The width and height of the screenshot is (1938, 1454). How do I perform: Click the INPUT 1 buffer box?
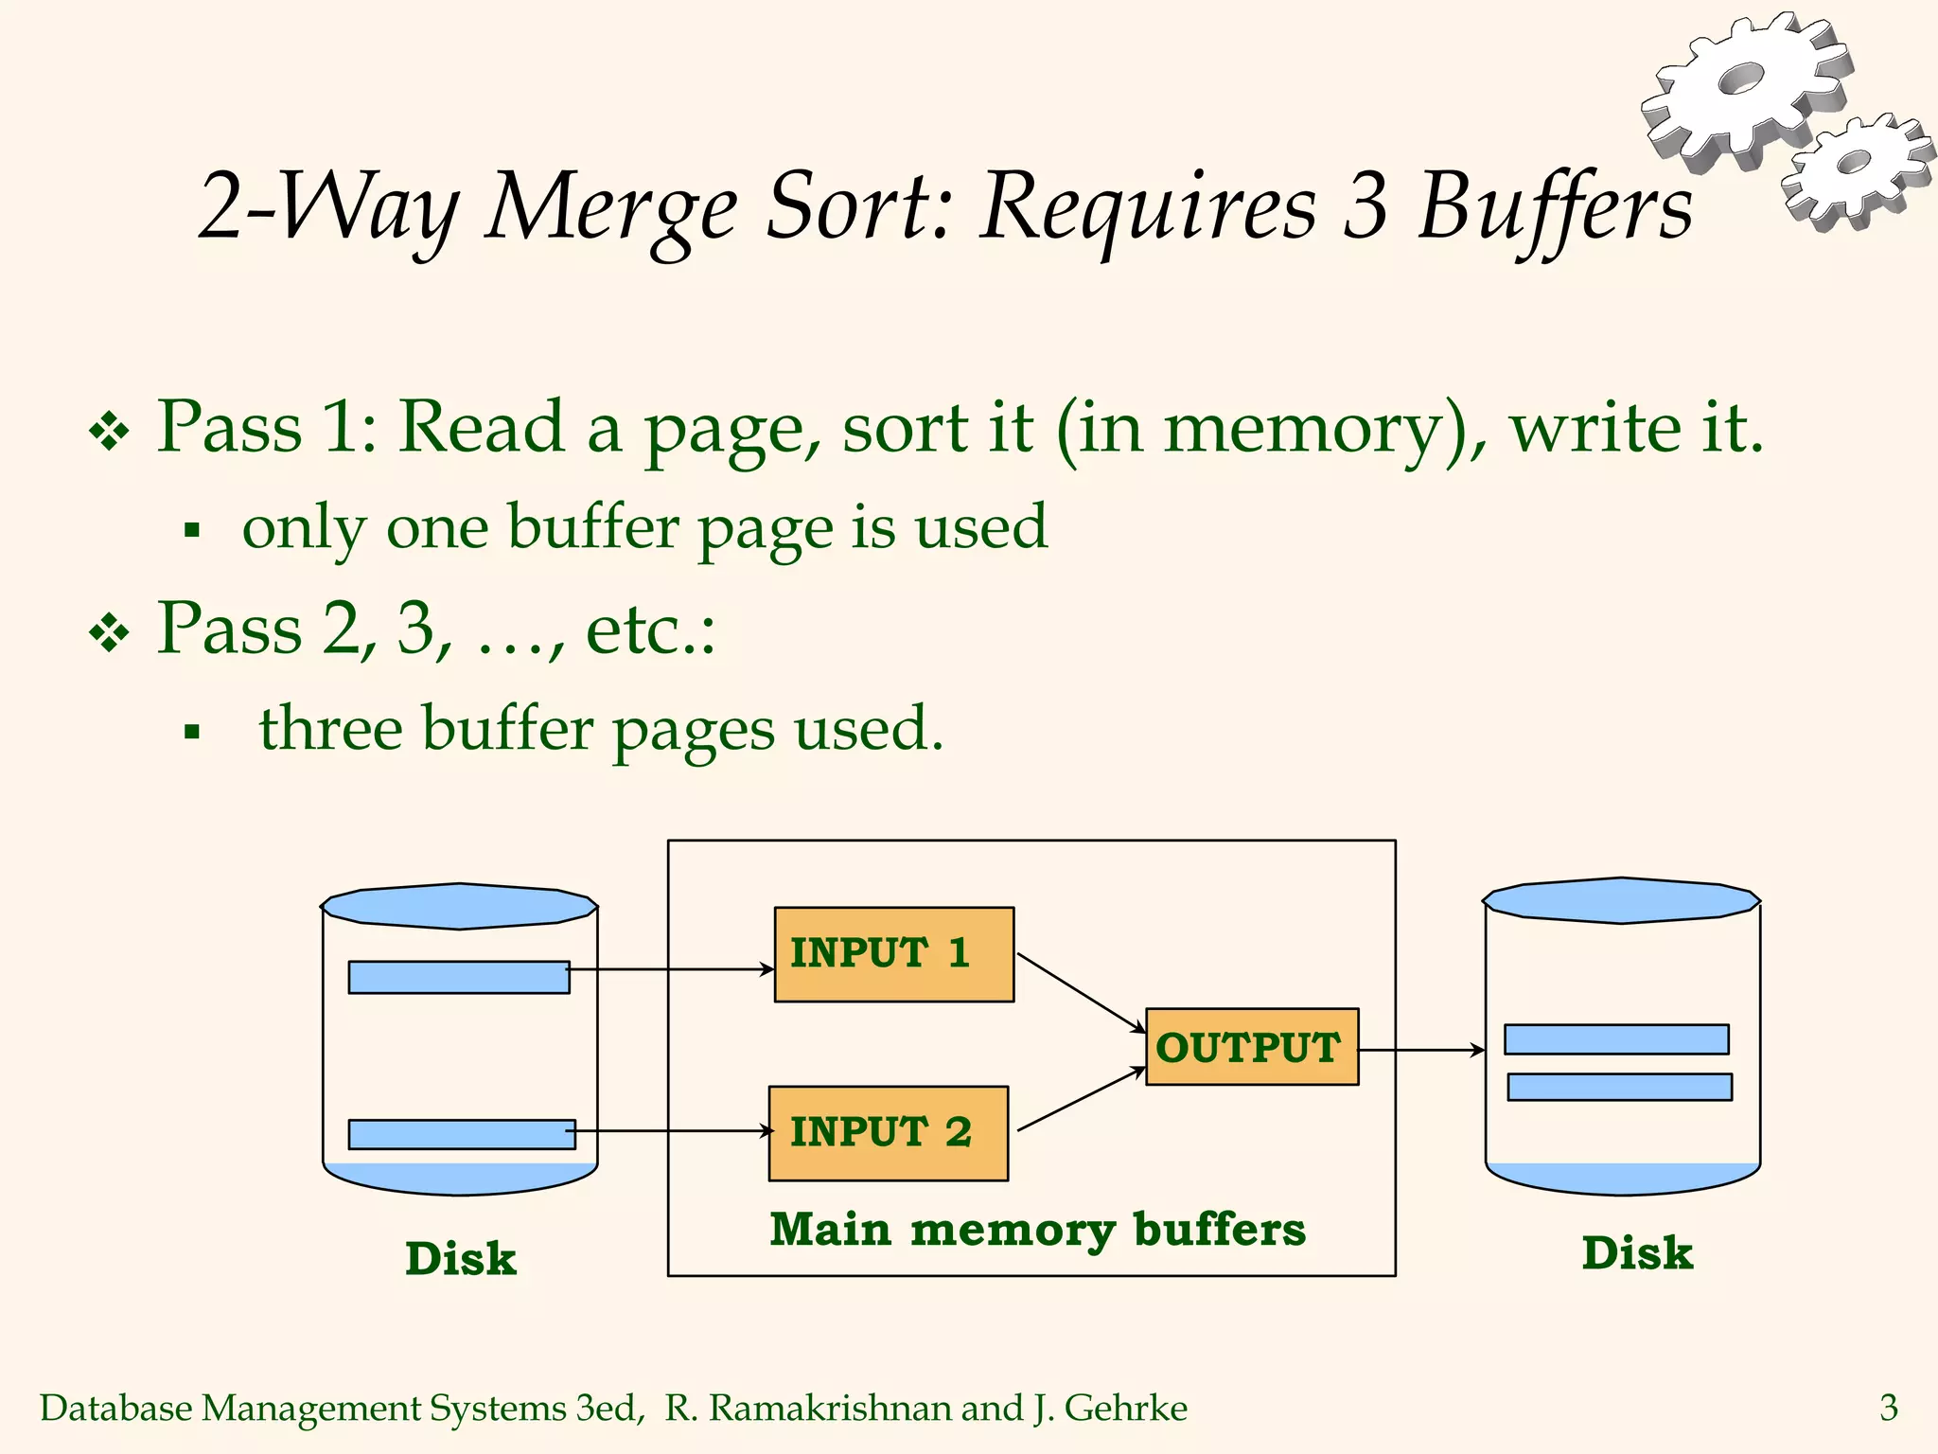tap(893, 954)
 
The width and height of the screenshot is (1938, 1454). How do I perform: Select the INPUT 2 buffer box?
tap(888, 1133)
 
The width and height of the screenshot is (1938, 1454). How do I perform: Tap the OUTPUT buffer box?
tap(1251, 1047)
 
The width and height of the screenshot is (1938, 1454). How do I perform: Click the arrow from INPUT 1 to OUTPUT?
tap(1081, 993)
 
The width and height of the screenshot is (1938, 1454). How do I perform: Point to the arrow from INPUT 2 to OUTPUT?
tap(1081, 1099)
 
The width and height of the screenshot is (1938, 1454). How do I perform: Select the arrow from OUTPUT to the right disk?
tap(1421, 1050)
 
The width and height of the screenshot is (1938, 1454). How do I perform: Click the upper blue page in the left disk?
tap(458, 977)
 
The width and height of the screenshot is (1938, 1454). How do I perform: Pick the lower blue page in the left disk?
tap(461, 1134)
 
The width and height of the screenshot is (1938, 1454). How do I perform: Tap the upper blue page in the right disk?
tap(1615, 1039)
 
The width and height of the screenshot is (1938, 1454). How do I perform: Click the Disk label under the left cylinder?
tap(461, 1259)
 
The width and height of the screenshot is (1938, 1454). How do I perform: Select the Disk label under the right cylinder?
tap(1637, 1253)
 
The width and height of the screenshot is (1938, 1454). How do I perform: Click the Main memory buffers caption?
tap(1037, 1231)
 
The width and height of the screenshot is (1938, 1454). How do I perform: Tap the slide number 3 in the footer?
tap(1888, 1408)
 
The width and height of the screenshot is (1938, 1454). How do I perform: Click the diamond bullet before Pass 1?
tap(109, 432)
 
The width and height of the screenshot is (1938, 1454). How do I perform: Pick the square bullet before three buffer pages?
tap(192, 731)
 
